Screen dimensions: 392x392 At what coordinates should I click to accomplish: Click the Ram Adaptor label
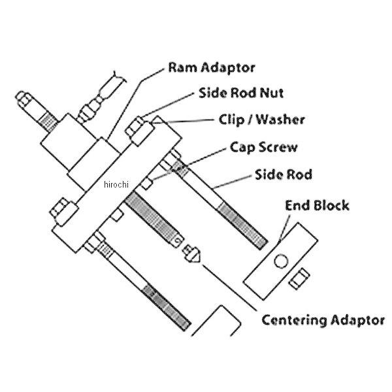point(212,68)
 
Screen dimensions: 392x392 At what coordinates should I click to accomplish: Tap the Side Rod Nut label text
point(241,93)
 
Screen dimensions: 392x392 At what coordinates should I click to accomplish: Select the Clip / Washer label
point(262,120)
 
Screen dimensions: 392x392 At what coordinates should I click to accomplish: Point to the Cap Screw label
point(264,147)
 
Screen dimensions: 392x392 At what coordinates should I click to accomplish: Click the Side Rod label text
point(284,174)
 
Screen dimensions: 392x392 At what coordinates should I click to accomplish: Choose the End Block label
point(317,205)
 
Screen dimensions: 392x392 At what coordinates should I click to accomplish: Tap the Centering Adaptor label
point(323,320)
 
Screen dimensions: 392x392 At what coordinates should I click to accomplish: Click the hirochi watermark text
point(116,184)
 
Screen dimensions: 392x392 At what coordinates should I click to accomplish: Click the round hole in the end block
point(281,261)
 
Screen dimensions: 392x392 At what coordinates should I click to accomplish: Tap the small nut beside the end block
point(299,278)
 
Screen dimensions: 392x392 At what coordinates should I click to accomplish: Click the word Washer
point(280,120)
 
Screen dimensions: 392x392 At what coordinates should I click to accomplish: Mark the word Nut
point(272,93)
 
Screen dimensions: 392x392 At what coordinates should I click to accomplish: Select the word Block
point(331,205)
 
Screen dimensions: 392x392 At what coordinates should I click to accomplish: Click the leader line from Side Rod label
point(233,182)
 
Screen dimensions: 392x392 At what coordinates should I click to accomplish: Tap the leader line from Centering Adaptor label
point(229,287)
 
